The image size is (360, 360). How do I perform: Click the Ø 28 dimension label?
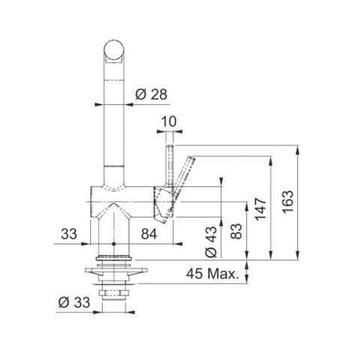151,94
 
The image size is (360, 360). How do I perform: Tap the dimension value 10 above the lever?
169,121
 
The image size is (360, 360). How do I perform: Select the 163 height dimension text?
288,202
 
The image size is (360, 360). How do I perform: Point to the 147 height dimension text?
261,209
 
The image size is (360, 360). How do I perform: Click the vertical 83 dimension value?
236,231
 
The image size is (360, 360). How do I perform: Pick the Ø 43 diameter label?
211,241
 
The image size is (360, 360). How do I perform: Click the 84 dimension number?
149,234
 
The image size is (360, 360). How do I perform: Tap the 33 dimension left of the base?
69,234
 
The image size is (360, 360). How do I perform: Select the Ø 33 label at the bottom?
74,302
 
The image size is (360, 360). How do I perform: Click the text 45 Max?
212,274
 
